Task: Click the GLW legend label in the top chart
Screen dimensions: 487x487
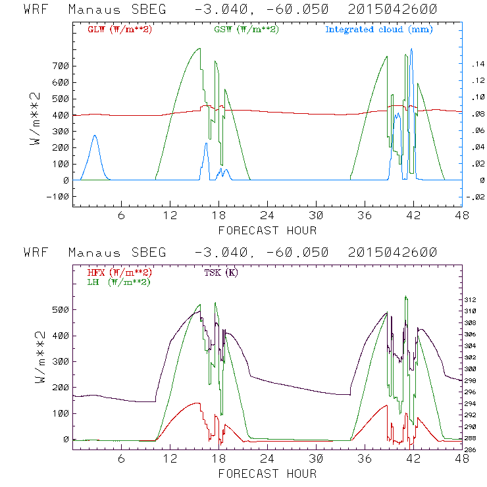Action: click(119, 30)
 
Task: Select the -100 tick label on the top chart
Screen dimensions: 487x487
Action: click(57, 196)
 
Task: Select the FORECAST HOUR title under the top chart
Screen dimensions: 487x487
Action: click(267, 230)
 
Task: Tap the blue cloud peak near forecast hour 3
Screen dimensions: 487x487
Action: click(95, 136)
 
